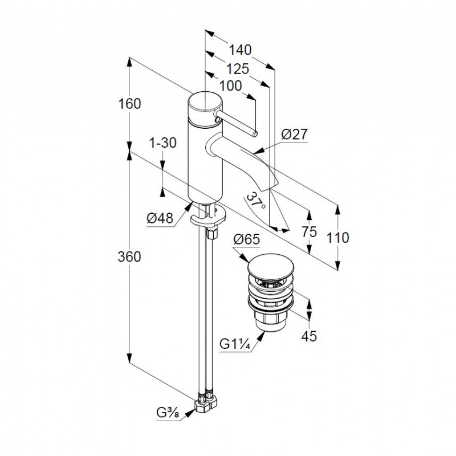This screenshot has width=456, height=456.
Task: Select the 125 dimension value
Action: coord(238,69)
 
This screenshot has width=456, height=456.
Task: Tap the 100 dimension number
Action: coord(230,86)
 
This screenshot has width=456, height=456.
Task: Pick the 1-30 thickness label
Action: coord(163,144)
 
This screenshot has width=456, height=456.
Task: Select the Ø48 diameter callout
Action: coord(160,218)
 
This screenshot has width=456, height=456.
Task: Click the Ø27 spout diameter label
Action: coord(295,135)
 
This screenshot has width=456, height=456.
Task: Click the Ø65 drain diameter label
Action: coord(246,240)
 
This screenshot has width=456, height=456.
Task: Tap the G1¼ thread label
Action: coord(235,344)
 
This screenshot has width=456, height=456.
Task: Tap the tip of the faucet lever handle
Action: coord(255,133)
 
